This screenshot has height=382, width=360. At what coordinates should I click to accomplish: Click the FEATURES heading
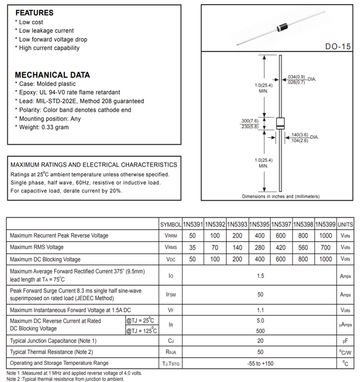point(34,13)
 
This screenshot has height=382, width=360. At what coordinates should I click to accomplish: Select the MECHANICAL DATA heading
point(52,74)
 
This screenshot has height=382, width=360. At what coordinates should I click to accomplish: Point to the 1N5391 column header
point(193,225)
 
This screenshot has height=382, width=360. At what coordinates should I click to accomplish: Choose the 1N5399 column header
point(325,225)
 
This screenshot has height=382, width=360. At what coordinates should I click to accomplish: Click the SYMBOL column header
point(170,225)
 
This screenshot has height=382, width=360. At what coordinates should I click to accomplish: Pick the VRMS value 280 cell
point(260,247)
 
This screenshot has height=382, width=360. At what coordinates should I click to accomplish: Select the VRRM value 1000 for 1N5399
point(325,235)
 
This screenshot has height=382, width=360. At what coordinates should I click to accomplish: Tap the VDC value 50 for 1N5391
point(193,259)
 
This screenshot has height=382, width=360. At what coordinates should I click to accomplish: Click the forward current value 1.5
point(260,275)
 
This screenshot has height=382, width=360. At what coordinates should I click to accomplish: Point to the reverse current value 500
point(260,330)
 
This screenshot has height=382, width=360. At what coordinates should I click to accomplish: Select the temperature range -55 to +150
point(260,363)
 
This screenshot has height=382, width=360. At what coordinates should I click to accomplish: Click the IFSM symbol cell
point(170,294)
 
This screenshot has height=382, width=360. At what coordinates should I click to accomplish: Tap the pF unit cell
point(345,341)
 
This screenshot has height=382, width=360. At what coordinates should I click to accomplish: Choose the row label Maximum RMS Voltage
point(37,247)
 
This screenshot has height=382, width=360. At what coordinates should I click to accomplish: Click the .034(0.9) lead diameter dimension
point(296,77)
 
